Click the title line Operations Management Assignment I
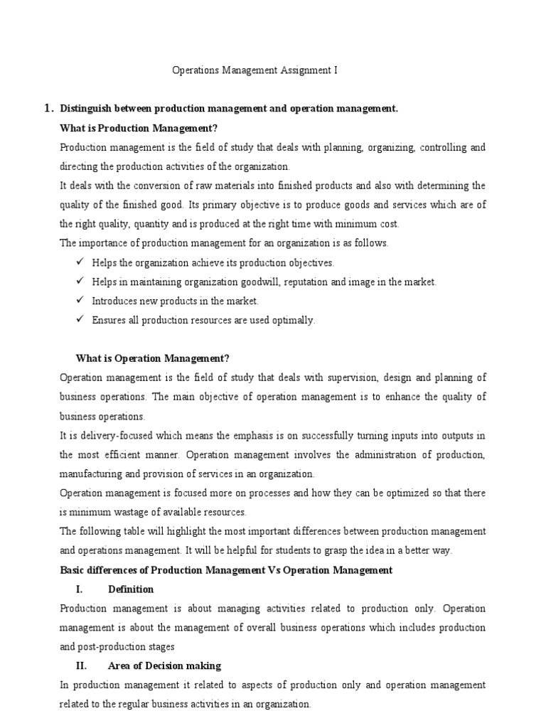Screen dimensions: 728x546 click(256, 70)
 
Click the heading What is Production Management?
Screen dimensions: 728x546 click(139, 128)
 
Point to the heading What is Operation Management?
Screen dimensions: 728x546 click(153, 358)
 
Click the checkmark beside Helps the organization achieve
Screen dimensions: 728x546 click(80, 262)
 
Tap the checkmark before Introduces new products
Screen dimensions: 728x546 click(80, 301)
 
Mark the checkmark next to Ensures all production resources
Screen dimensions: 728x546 click(80, 320)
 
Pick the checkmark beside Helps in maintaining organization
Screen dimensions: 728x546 click(80, 282)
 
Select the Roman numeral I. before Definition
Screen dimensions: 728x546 click(80, 589)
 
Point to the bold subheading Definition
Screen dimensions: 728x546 click(131, 589)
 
